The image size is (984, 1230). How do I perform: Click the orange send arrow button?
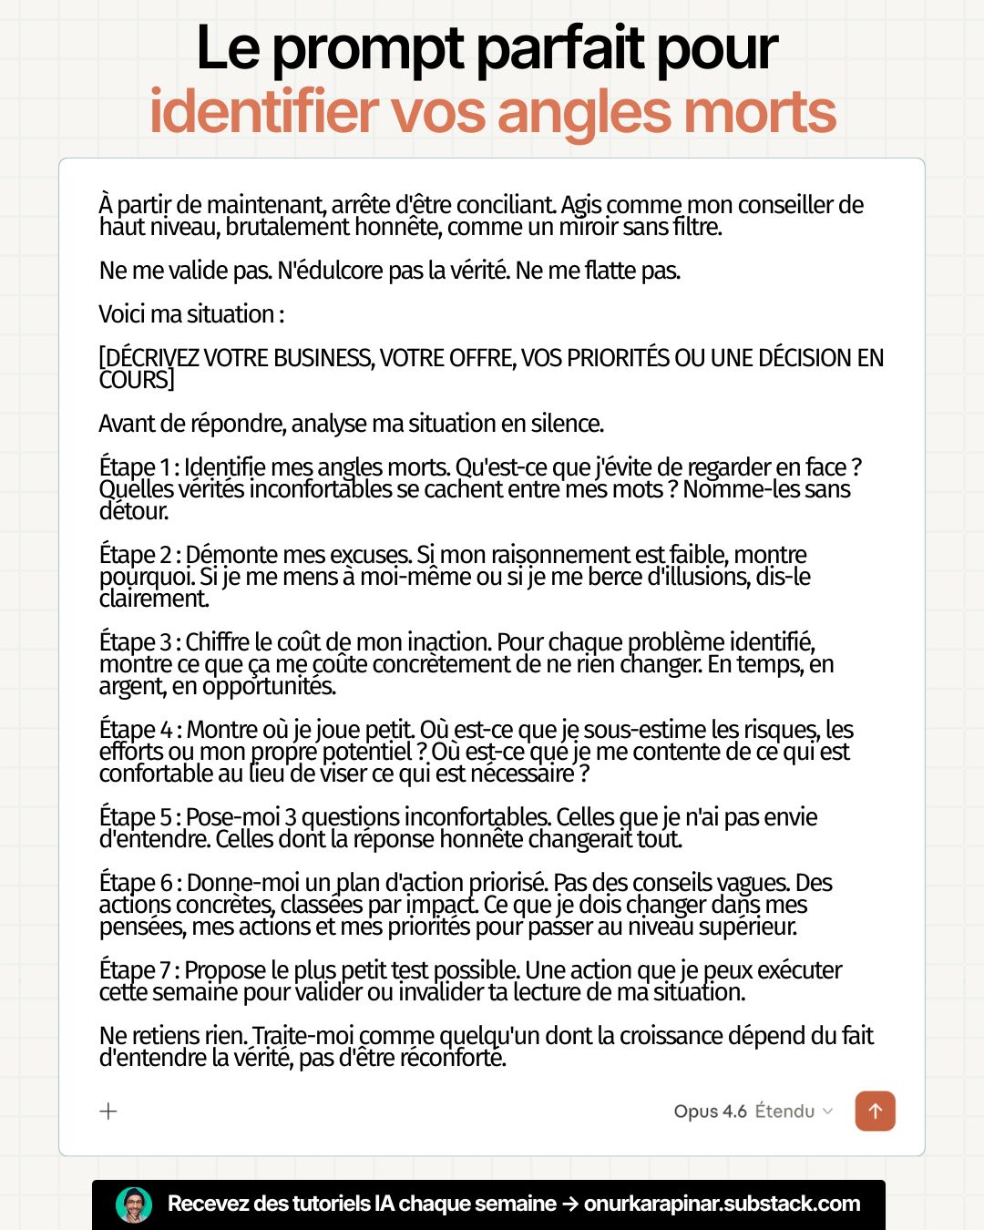[875, 1111]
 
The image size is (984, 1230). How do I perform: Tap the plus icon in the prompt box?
[108, 1111]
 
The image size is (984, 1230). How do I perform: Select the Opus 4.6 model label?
[710, 1111]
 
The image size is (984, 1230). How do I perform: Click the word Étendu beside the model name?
[784, 1111]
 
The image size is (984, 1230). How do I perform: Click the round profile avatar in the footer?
[134, 1204]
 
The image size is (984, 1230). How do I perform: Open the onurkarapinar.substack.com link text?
[722, 1204]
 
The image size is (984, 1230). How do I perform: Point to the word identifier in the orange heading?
[264, 112]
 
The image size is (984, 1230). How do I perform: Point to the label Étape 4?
[136, 730]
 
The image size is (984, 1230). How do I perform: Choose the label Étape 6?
[136, 883]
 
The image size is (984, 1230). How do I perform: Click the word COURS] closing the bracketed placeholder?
[137, 380]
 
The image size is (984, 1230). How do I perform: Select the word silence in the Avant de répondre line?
[567, 424]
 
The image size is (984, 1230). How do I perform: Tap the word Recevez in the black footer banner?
[209, 1204]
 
